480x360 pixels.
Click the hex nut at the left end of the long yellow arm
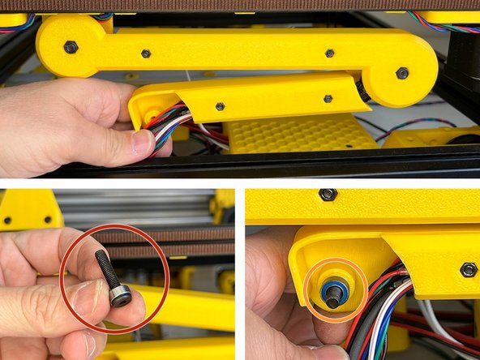[71, 47]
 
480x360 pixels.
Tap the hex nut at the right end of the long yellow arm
[403, 73]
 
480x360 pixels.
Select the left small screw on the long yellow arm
[146, 54]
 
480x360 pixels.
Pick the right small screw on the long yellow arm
[329, 54]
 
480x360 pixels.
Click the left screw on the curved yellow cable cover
[220, 106]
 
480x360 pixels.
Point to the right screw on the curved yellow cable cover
[328, 99]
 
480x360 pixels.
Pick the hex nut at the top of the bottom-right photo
[328, 195]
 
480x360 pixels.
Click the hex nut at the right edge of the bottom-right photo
[468, 269]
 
